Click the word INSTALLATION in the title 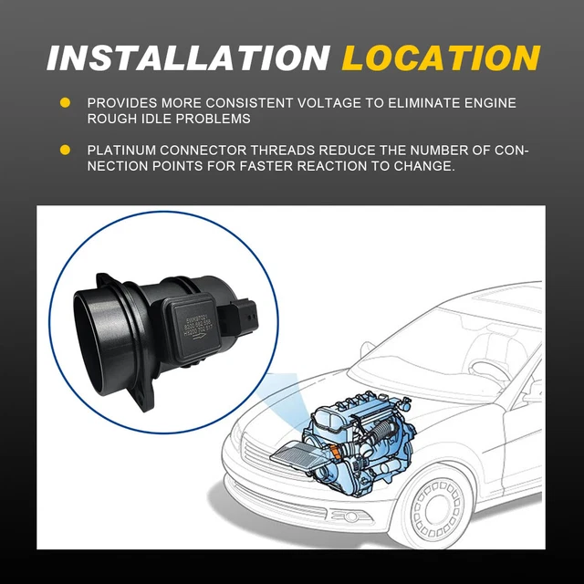click(x=188, y=57)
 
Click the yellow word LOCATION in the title click(x=441, y=57)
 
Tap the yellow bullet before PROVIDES click(x=65, y=103)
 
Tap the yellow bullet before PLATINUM click(x=65, y=150)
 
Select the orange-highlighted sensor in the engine click(x=339, y=450)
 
